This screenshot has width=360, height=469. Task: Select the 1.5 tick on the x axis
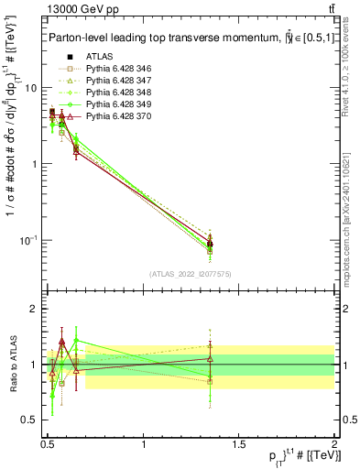tap(239, 445)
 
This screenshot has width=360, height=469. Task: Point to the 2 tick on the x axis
tap(334, 445)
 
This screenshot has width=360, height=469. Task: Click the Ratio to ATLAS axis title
tap(12, 365)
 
